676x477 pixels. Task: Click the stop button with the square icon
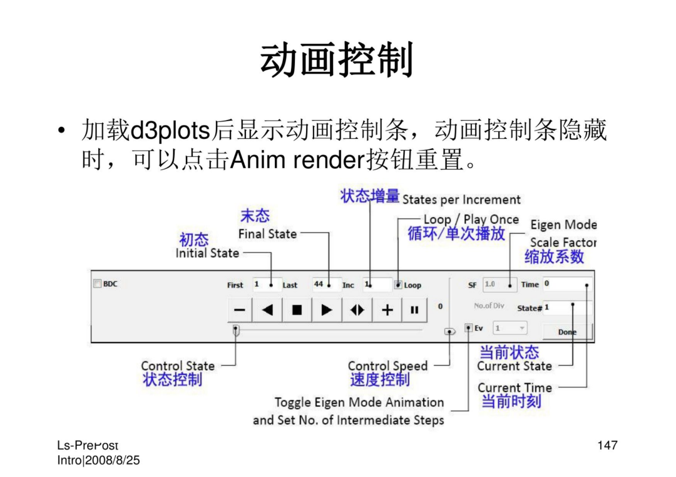pyautogui.click(x=297, y=310)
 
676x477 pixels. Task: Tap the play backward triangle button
pyautogui.click(x=267, y=310)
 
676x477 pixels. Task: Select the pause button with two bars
pyautogui.click(x=414, y=310)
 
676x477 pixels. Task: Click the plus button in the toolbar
pyautogui.click(x=387, y=310)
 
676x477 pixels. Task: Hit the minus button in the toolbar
pyautogui.click(x=240, y=310)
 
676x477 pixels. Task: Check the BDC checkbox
pyautogui.click(x=98, y=283)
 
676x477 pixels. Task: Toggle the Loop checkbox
pyautogui.click(x=398, y=284)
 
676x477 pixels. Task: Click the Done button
pyautogui.click(x=567, y=332)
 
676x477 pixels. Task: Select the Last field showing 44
pyautogui.click(x=327, y=284)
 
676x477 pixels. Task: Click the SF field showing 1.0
pyautogui.click(x=499, y=284)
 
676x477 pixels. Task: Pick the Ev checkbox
pyautogui.click(x=468, y=328)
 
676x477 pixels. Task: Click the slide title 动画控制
pyautogui.click(x=337, y=59)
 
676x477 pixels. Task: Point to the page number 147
pyautogui.click(x=607, y=445)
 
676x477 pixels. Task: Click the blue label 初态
pyautogui.click(x=193, y=239)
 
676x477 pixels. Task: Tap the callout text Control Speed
pyautogui.click(x=387, y=366)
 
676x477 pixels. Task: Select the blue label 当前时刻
pyautogui.click(x=511, y=401)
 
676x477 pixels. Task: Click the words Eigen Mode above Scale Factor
pyautogui.click(x=563, y=224)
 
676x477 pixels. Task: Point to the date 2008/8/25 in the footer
pyautogui.click(x=113, y=460)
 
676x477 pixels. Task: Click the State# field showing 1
pyautogui.click(x=567, y=308)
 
